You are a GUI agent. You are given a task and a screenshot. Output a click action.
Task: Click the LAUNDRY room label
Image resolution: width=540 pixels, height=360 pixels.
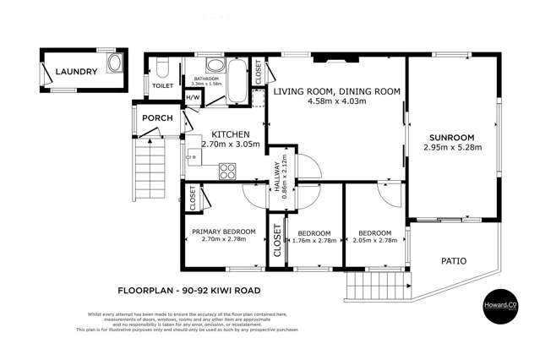(77, 73)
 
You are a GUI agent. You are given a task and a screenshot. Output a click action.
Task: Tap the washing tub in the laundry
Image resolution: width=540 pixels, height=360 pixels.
(112, 73)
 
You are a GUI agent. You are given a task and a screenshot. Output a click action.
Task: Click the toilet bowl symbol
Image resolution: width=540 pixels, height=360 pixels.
(162, 65)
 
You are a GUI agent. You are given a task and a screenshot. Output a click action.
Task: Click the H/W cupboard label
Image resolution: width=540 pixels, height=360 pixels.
(192, 97)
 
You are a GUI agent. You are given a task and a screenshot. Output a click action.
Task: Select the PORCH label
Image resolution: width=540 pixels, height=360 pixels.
(157, 119)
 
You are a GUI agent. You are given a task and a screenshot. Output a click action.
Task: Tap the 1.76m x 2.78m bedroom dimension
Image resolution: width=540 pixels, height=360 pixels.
(314, 241)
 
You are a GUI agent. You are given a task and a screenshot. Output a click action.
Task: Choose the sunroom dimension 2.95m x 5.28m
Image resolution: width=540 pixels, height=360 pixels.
(452, 147)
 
